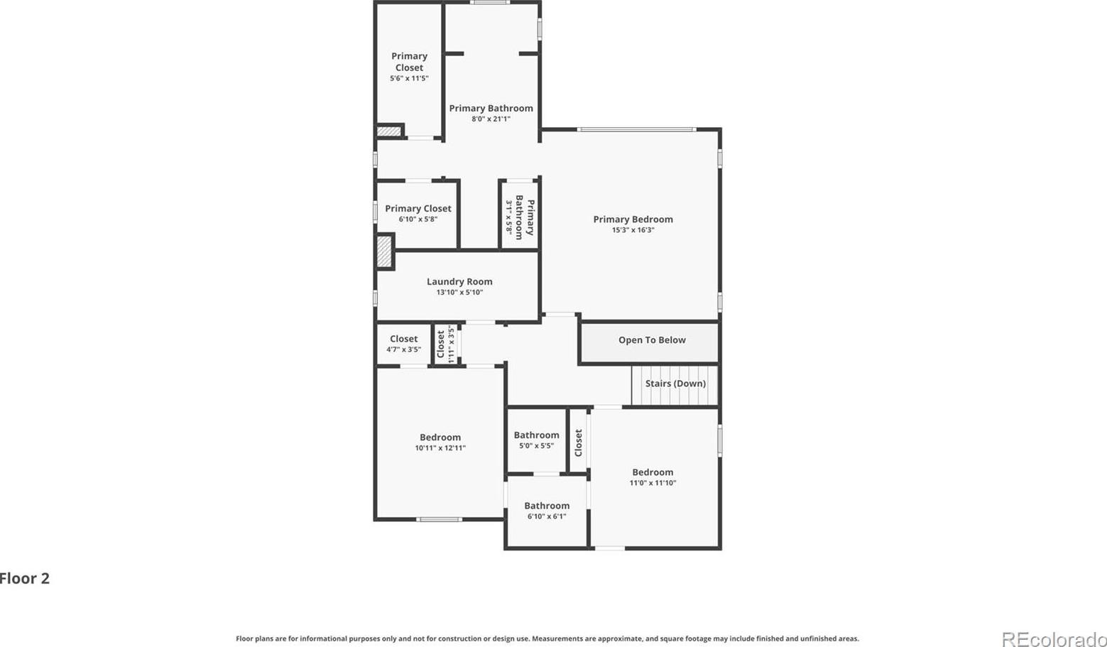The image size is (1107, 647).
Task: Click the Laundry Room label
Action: tap(459, 282)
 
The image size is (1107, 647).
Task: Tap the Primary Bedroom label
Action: tap(633, 219)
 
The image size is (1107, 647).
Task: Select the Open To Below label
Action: tap(652, 340)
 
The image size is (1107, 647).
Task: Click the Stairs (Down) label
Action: tap(675, 384)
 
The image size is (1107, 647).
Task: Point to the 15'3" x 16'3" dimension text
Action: tap(633, 230)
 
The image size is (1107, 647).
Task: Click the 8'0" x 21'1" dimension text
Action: tap(491, 119)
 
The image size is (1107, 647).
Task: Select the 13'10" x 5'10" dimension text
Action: tap(459, 292)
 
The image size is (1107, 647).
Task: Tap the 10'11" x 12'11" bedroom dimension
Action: tap(440, 448)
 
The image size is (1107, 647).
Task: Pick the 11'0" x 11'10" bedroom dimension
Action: tap(653, 483)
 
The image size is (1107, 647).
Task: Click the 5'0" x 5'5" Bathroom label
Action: tap(536, 435)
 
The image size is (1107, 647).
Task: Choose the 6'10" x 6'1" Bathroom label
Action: tap(547, 506)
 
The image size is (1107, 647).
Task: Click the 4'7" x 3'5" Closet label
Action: tap(404, 339)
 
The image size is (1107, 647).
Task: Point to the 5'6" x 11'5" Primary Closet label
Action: tap(409, 62)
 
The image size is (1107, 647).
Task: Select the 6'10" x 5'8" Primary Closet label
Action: tap(418, 209)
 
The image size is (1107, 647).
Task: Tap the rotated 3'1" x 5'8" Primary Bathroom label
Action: tap(524, 217)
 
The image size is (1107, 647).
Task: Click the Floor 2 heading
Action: tap(24, 578)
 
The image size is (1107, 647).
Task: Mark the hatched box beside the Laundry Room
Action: tap(384, 251)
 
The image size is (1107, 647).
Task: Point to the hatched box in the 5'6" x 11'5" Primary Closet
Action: tap(389, 131)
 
